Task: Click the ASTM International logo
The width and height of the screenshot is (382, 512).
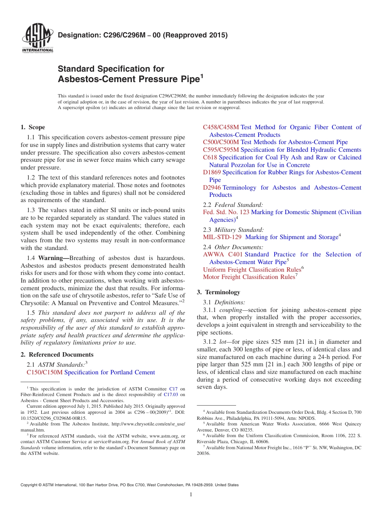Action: click(x=37, y=38)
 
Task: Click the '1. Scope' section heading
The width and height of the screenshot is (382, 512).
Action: click(x=33, y=127)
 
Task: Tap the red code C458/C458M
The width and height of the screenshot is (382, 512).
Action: click(x=221, y=127)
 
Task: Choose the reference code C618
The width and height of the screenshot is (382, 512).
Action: click(x=210, y=157)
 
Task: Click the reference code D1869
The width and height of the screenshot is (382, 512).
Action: click(x=212, y=172)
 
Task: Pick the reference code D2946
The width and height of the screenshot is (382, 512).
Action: click(x=212, y=188)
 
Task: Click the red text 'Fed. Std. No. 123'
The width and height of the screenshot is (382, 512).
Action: click(x=226, y=212)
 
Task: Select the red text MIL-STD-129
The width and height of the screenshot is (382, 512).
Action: click(x=222, y=237)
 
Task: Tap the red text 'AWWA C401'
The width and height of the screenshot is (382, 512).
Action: click(x=223, y=254)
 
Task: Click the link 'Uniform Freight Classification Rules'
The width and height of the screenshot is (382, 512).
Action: click(x=252, y=270)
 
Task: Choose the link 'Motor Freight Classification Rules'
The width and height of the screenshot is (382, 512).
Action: click(x=249, y=277)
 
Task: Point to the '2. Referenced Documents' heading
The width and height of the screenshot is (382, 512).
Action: click(x=57, y=355)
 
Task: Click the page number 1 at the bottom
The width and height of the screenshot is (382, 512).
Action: click(x=191, y=494)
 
